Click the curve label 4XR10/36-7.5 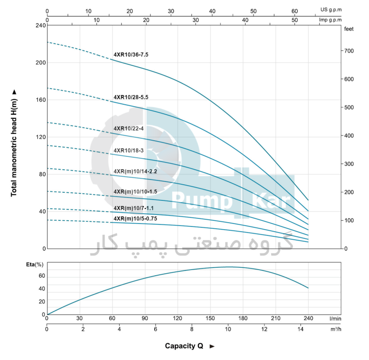click(x=131, y=55)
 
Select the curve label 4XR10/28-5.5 click(x=131, y=97)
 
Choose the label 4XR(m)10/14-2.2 click(x=135, y=171)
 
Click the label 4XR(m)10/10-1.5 click(x=135, y=192)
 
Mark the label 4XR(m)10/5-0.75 click(x=135, y=218)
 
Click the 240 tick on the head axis click(x=40, y=25)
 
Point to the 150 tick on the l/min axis click(x=210, y=318)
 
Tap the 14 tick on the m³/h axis click(x=301, y=330)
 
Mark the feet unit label click(x=349, y=29)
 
